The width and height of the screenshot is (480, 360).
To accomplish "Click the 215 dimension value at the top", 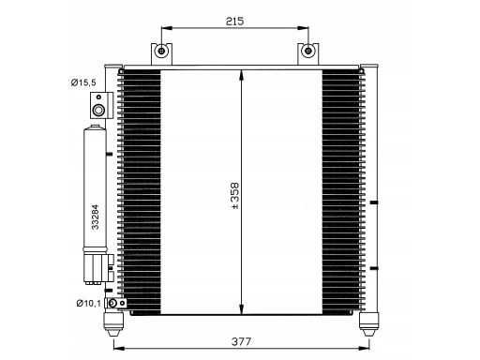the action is [x=234, y=22].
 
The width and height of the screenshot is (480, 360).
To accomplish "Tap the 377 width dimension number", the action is [x=241, y=341].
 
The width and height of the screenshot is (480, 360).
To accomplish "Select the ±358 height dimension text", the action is [x=234, y=196].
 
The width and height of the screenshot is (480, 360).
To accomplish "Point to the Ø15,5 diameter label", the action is [x=83, y=82].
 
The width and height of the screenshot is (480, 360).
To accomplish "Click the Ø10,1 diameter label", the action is [x=89, y=303].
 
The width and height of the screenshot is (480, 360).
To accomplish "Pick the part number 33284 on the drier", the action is [x=95, y=217].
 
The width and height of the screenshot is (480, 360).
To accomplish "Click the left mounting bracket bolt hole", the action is [x=161, y=51].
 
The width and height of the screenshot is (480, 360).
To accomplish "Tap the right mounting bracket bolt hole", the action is [x=308, y=51].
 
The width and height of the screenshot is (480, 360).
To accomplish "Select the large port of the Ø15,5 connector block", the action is [x=98, y=110].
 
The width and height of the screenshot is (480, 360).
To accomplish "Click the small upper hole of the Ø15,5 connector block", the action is [x=98, y=97].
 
